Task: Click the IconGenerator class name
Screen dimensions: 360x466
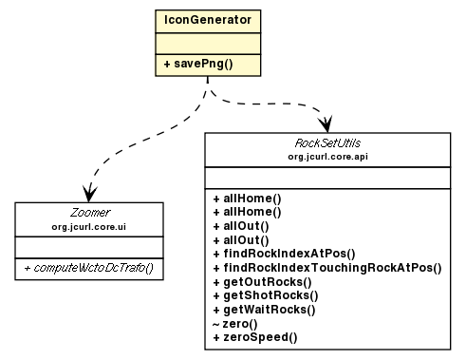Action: point(206,20)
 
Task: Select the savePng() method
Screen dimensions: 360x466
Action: point(203,65)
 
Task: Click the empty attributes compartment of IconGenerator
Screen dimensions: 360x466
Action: point(206,43)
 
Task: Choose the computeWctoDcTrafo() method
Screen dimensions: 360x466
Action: point(89,271)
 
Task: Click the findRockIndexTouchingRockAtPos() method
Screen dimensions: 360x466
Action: point(326,269)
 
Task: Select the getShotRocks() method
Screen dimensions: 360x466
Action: point(265,296)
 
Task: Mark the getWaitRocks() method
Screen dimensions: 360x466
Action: point(265,310)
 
